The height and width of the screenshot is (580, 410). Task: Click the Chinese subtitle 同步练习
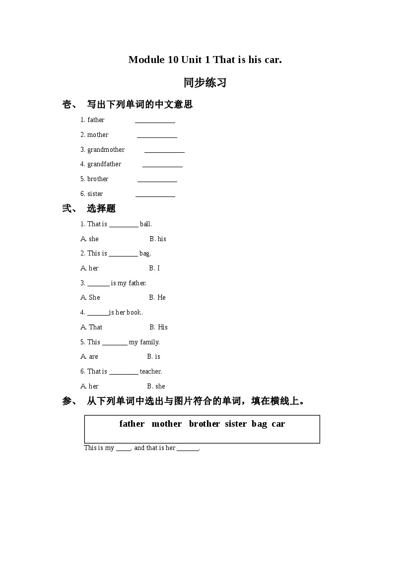pos(205,83)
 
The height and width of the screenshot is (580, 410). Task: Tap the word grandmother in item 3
pos(106,149)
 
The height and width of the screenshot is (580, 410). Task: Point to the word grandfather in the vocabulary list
pos(104,164)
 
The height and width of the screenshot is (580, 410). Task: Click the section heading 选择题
pos(101,208)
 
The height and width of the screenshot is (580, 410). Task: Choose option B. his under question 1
pos(158,239)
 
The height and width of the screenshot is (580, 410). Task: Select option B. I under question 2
pos(154,268)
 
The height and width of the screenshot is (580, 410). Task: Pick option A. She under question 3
pos(90,297)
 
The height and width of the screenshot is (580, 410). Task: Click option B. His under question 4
pos(158,327)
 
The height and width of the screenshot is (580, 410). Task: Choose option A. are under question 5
pos(89,356)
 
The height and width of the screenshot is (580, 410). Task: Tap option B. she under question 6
pos(156,386)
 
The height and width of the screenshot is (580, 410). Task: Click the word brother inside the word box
pos(204,424)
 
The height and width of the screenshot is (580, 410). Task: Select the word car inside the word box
pos(278,424)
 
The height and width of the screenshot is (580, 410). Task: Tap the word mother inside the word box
pos(167,424)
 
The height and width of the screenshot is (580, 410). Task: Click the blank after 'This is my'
pos(124,449)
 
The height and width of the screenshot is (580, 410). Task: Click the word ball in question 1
pos(145,224)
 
